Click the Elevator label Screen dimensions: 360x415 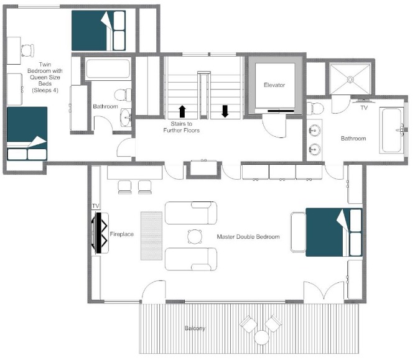point(274,85)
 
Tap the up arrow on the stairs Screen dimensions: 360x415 point(182,111)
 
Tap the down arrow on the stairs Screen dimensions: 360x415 point(225,111)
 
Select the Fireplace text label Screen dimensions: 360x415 point(122,234)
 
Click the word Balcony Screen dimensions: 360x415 point(195,328)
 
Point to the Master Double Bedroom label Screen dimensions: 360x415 point(248,237)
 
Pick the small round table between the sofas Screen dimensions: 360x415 point(195,236)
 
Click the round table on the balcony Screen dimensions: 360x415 point(262,337)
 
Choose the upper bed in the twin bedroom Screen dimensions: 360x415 point(98,30)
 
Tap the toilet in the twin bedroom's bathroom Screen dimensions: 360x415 point(127,95)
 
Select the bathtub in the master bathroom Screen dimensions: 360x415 point(392,131)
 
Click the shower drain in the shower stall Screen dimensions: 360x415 point(350,80)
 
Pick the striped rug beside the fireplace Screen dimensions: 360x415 point(151,236)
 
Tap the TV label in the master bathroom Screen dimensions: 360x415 point(364,108)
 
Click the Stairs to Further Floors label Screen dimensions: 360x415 point(182,127)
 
